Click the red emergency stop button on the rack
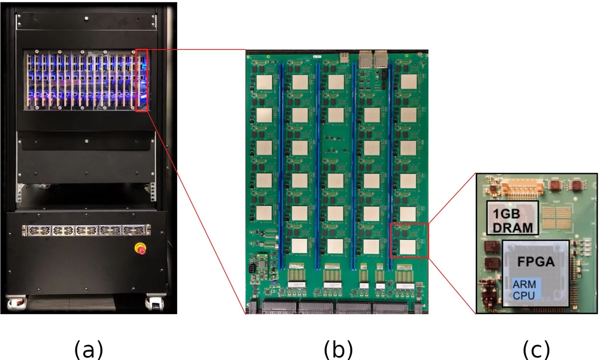[141, 248]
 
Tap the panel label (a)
[88, 349]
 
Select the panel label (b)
[338, 349]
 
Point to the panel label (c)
[536, 349]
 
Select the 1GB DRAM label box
[513, 218]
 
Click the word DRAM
[513, 226]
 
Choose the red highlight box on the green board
[409, 241]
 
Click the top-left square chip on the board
[265, 83]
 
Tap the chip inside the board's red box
[407, 247]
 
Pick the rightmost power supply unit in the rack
[134, 231]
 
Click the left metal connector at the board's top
[366, 58]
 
